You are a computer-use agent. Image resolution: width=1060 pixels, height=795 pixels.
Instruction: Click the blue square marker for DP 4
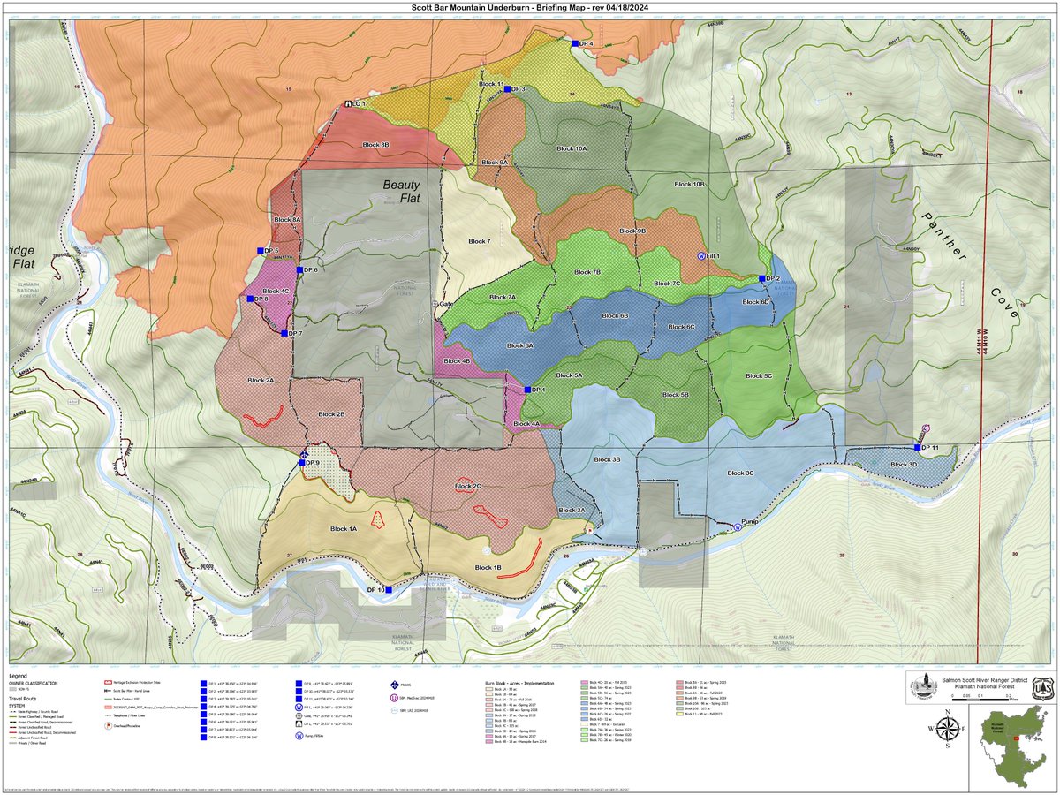coord(574,43)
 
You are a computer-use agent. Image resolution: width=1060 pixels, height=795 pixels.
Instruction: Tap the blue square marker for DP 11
coord(917,448)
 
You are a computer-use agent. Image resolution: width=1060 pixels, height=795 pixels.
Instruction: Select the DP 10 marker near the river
coord(389,589)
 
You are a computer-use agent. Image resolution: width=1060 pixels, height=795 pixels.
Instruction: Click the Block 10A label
coord(572,148)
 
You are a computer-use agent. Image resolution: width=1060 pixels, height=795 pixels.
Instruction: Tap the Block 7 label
coord(478,241)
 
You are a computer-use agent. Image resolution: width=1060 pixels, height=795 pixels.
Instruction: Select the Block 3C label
coord(740,473)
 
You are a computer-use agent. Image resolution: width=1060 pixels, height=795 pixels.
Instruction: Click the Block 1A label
coord(343,528)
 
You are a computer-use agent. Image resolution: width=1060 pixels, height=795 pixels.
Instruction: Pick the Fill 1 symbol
coord(701,255)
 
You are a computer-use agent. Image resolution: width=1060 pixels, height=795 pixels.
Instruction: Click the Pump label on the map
coord(750,521)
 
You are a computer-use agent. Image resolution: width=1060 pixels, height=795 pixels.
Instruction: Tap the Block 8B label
coord(376,143)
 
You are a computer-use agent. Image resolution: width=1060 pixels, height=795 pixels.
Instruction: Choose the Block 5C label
coord(758,376)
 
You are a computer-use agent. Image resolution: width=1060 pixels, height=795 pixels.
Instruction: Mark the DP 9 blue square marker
coord(302,462)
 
